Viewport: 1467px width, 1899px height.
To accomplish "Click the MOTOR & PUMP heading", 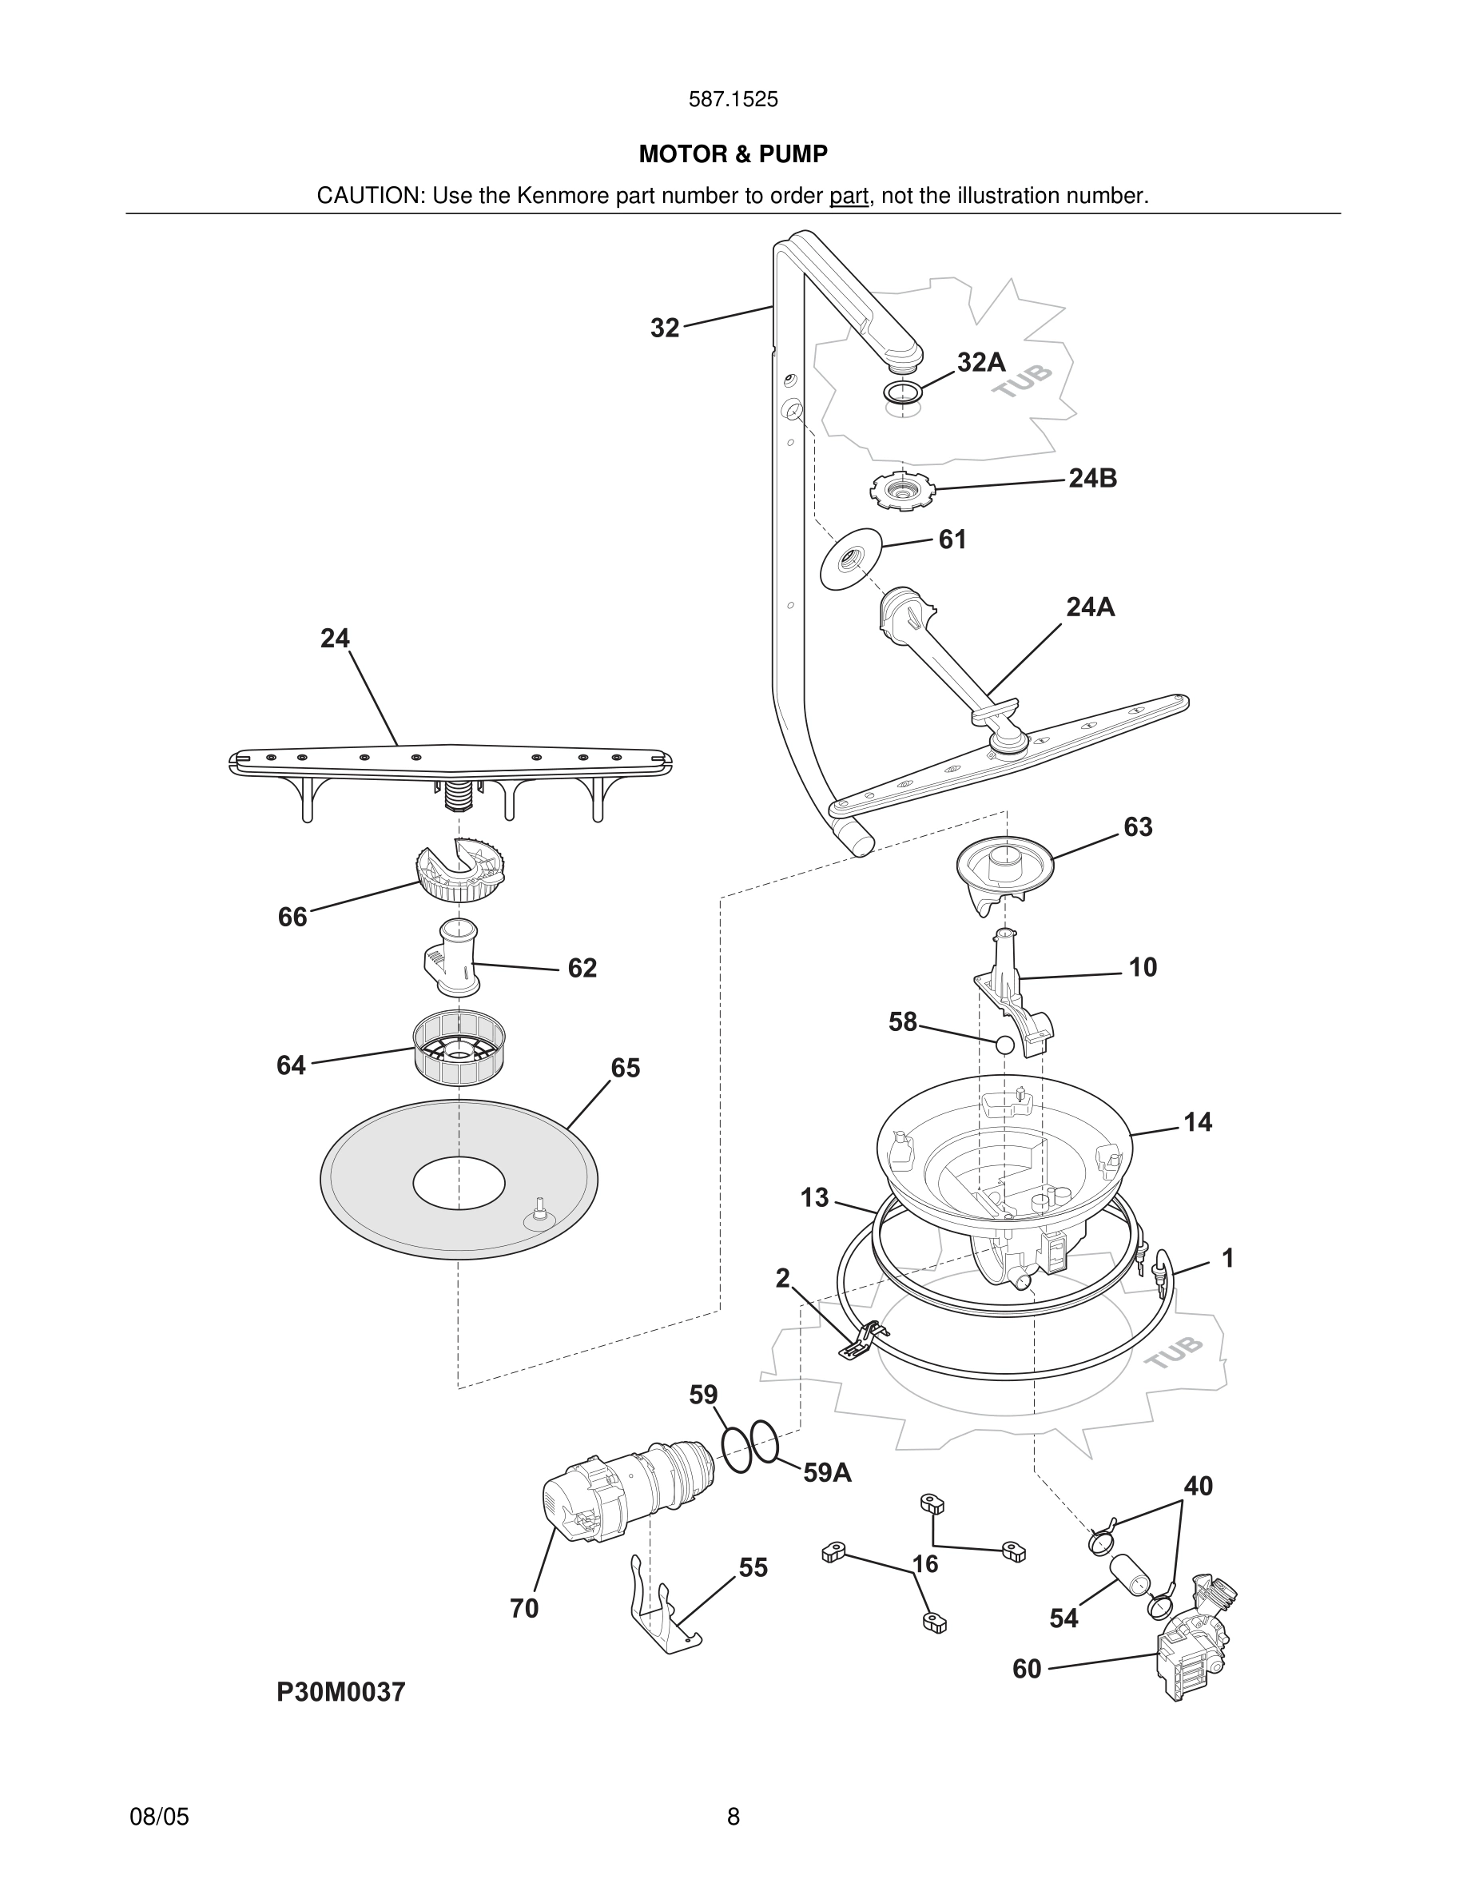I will (x=733, y=154).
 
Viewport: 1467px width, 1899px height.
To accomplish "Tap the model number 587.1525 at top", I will (x=733, y=99).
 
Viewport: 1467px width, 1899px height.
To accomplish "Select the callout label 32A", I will (x=980, y=362).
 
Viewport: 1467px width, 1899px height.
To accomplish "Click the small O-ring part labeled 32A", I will (x=902, y=392).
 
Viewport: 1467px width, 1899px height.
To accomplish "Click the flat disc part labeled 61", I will (x=851, y=559).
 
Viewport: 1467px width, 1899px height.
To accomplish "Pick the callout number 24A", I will (x=1090, y=607).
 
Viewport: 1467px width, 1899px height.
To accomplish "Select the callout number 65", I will (x=625, y=1068).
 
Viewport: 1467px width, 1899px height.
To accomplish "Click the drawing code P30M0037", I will (x=340, y=1692).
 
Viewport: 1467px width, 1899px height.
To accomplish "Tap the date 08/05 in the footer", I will (x=159, y=1817).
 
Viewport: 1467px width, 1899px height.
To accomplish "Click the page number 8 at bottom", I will (x=733, y=1817).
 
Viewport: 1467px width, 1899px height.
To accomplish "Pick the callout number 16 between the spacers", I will (x=924, y=1564).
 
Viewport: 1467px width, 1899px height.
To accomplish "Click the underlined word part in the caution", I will (x=849, y=196).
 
